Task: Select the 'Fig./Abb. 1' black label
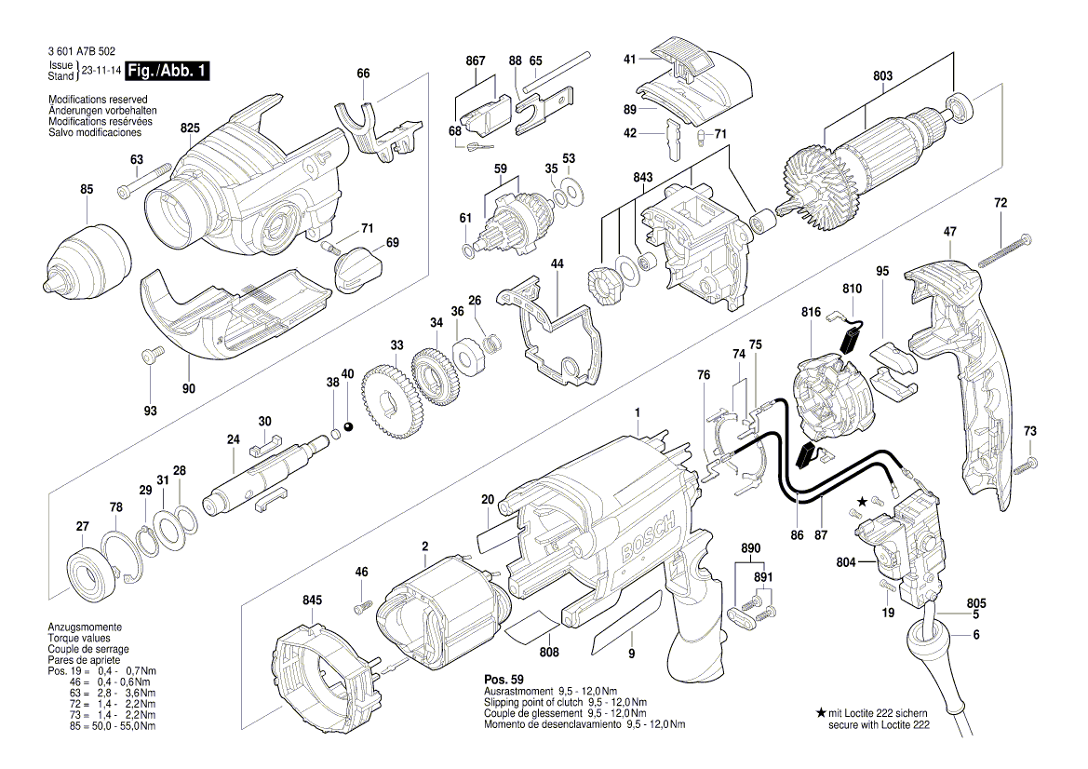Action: coord(169,70)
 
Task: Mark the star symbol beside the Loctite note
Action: coord(821,712)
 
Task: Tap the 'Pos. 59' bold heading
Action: coord(504,679)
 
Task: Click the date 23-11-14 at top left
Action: coord(100,70)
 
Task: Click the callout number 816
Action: coord(811,314)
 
